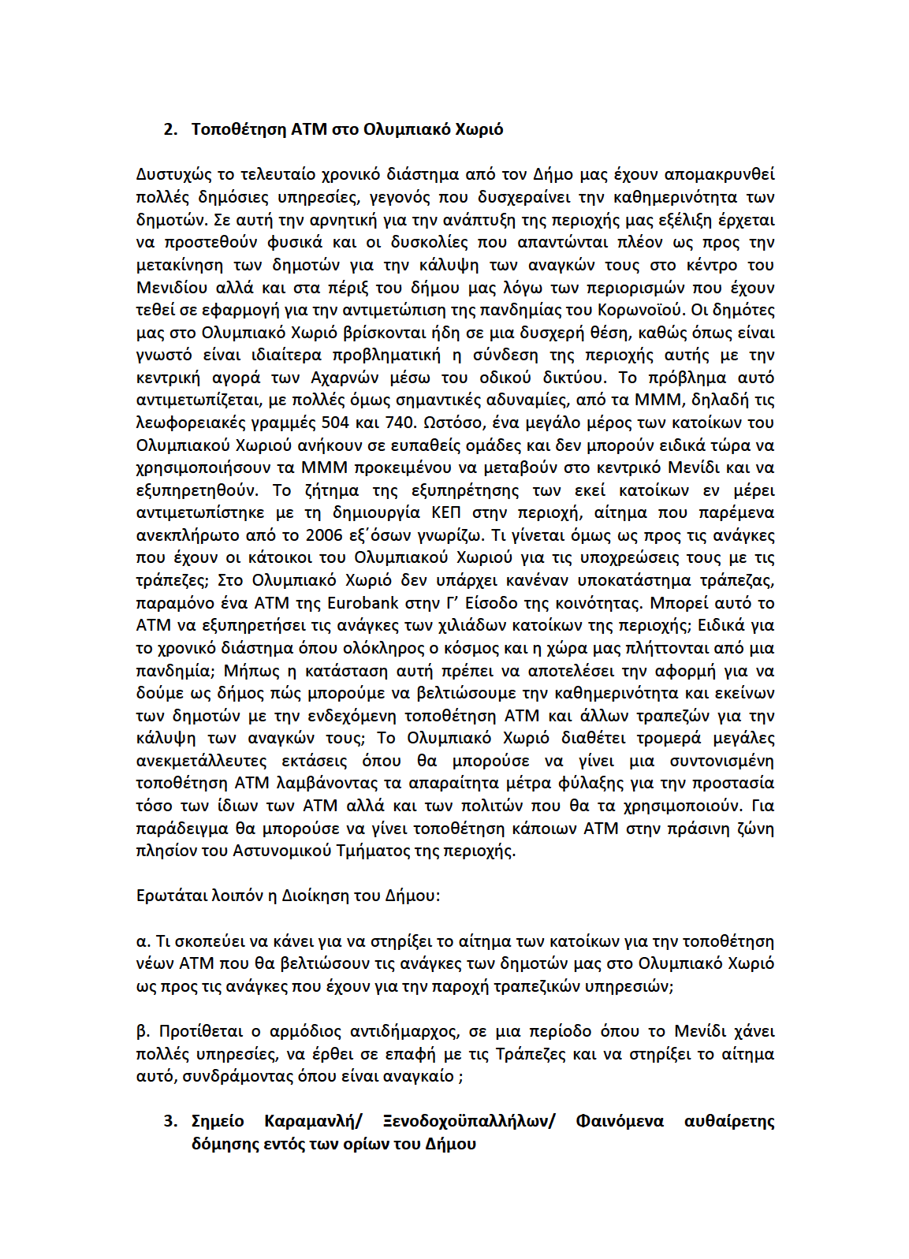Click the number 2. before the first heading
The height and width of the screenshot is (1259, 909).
click(x=170, y=129)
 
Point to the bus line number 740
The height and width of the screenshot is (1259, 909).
click(x=399, y=423)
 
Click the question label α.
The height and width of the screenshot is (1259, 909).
click(x=143, y=941)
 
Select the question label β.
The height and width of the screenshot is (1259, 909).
click(x=143, y=1032)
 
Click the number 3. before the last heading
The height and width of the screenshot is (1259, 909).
click(x=170, y=1122)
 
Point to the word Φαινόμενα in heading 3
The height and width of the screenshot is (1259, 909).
click(x=620, y=1122)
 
